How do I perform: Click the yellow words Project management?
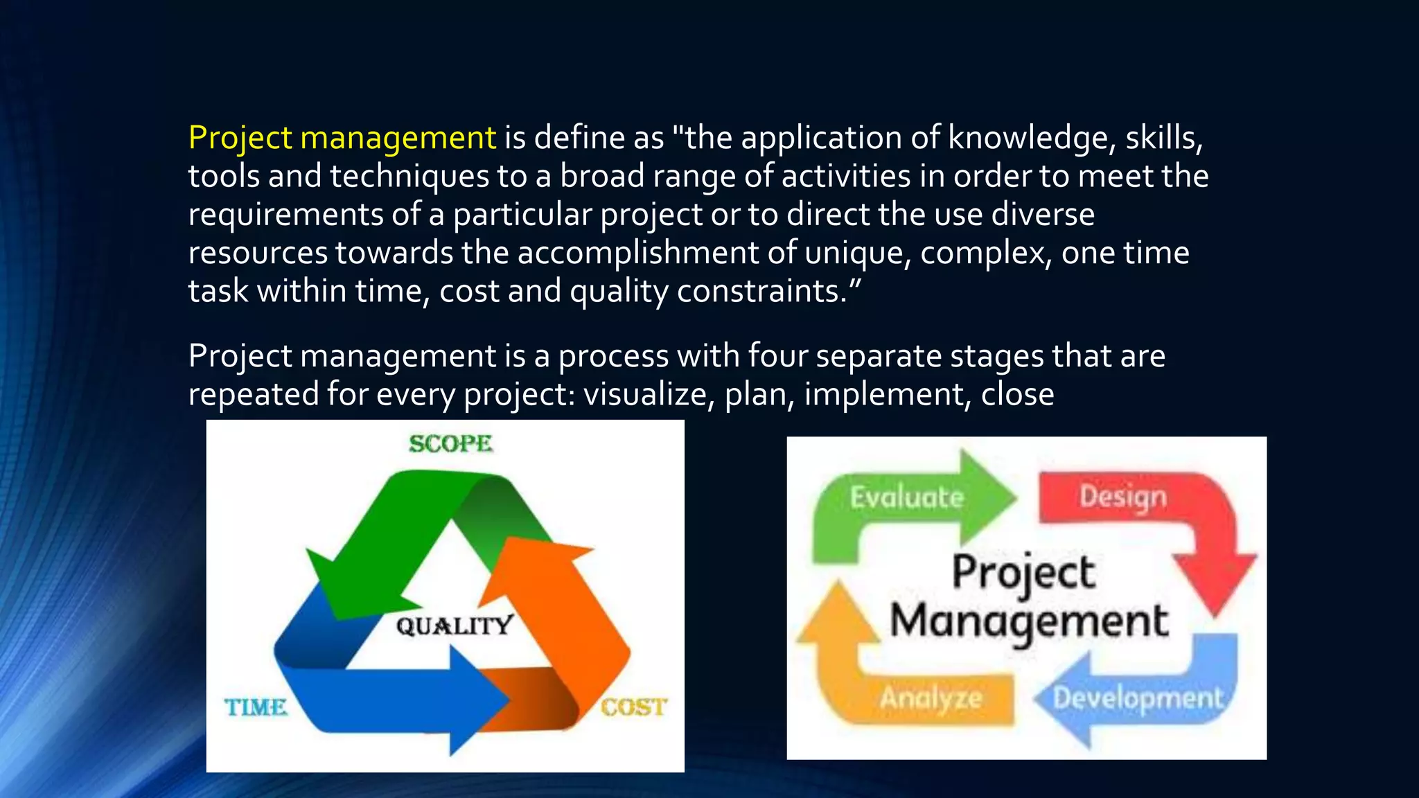342,137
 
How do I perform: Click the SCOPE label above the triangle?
450,443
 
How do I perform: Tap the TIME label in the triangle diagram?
255,707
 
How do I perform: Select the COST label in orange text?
633,707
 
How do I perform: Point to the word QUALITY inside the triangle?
455,626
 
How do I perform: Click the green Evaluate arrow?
908,497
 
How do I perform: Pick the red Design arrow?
1123,497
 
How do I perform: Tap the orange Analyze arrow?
931,698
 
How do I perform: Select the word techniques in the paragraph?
409,176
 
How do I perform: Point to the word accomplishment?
637,252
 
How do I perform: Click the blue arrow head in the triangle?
478,700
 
